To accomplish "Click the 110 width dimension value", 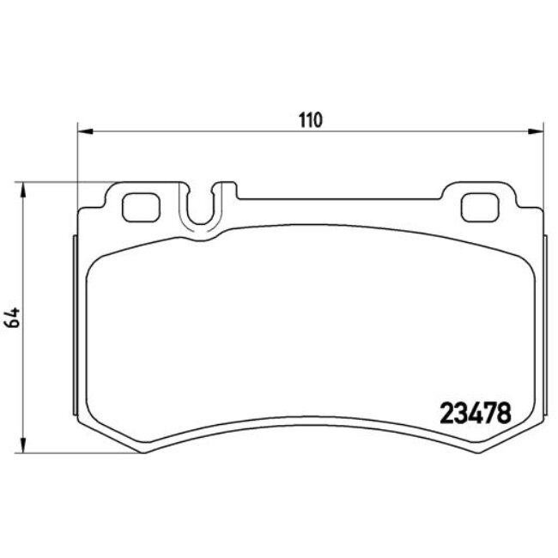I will (310, 120).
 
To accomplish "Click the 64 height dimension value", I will (13, 318).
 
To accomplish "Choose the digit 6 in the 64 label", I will (13, 324).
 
